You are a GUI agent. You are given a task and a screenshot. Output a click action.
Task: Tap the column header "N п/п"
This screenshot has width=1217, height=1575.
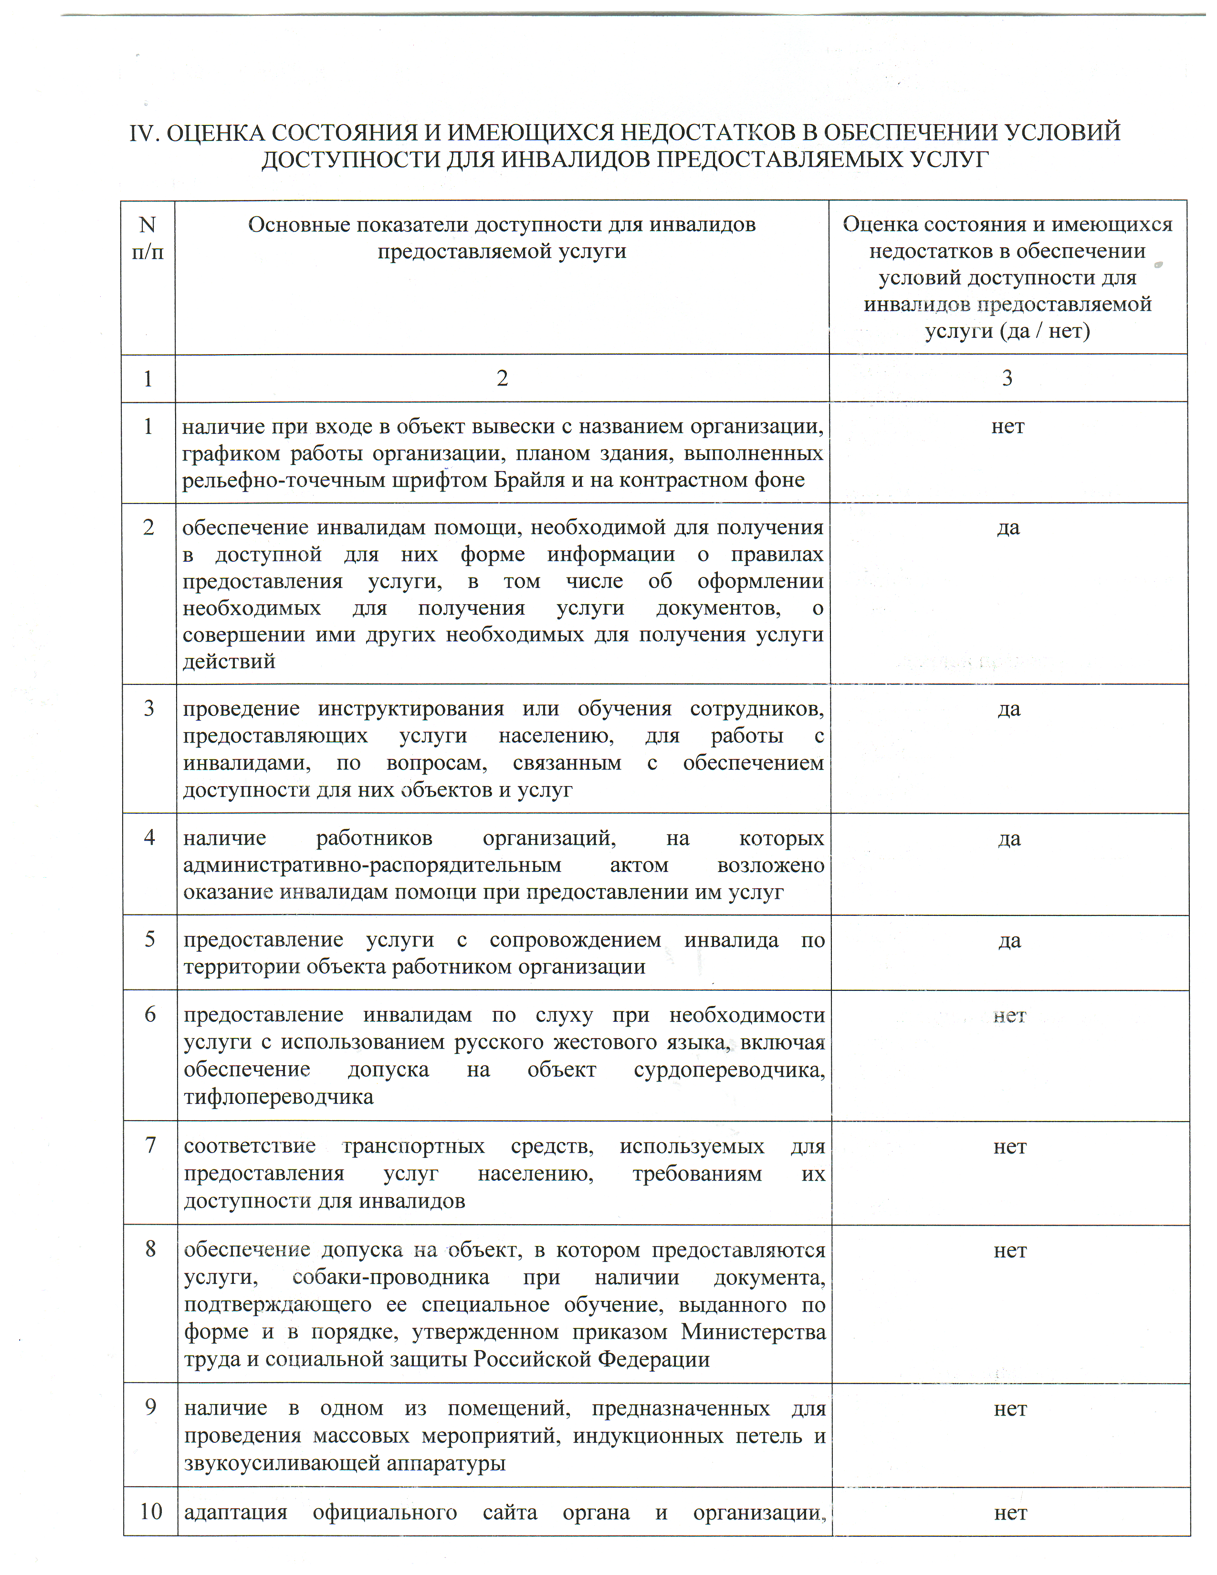[148, 238]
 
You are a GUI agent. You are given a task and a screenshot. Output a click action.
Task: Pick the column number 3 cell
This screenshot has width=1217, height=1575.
[1007, 378]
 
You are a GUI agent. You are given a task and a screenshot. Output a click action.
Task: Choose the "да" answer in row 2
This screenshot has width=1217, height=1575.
[1008, 528]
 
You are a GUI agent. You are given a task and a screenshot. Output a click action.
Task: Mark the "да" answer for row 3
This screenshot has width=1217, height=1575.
[1008, 709]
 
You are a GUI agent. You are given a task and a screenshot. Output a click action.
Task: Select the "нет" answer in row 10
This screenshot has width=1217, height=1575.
[1010, 1512]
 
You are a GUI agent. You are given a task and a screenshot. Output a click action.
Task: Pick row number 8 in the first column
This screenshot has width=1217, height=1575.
[150, 1249]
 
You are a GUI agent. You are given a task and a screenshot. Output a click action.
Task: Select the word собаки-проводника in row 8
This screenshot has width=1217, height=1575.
[391, 1277]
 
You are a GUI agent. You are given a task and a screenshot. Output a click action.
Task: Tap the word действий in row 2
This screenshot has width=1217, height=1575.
[229, 661]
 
